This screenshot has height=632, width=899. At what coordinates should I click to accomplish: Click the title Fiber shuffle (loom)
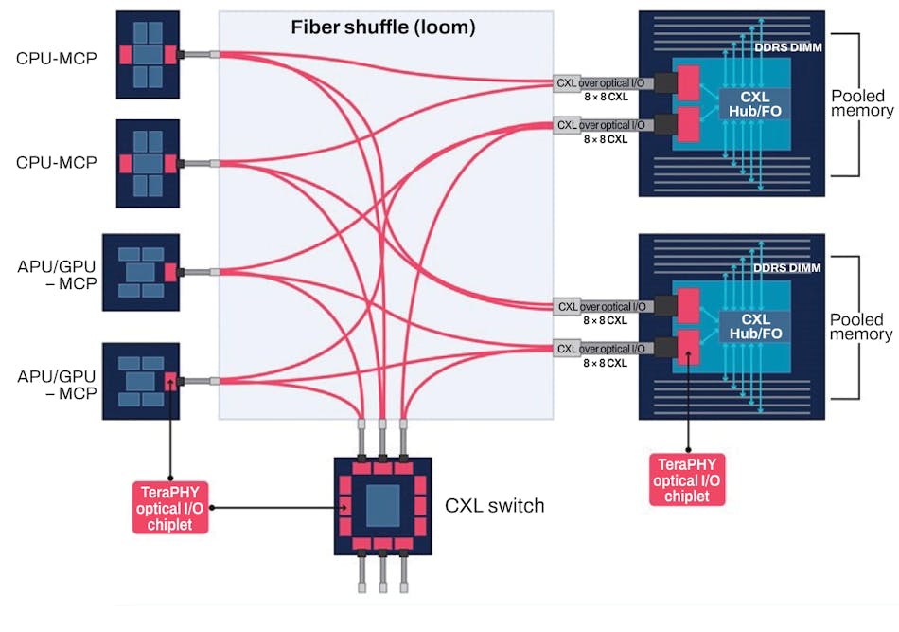pyautogui.click(x=382, y=27)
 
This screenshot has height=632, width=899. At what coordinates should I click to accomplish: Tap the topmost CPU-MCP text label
pyautogui.click(x=56, y=56)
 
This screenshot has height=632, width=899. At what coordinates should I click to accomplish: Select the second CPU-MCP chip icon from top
pyautogui.click(x=147, y=163)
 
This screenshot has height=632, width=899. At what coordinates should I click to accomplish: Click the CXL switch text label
pyautogui.click(x=494, y=505)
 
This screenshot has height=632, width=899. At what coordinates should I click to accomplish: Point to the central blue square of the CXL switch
pyautogui.click(x=382, y=505)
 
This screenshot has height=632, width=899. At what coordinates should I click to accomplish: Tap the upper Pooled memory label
pyautogui.click(x=861, y=103)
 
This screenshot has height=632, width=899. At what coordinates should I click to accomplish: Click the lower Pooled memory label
pyautogui.click(x=861, y=327)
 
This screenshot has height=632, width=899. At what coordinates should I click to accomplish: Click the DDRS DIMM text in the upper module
pyautogui.click(x=785, y=46)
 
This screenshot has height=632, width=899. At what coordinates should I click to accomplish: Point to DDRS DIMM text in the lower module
pyautogui.click(x=785, y=269)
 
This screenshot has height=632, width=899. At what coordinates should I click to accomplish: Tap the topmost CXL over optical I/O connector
pyautogui.click(x=601, y=83)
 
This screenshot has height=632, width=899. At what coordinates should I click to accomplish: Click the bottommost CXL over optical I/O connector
pyautogui.click(x=601, y=349)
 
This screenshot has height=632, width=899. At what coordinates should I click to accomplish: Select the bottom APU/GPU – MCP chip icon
pyautogui.click(x=147, y=381)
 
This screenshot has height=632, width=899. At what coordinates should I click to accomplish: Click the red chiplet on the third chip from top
pyautogui.click(x=170, y=273)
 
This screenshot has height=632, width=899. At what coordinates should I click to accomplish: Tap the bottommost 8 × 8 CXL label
pyautogui.click(x=605, y=363)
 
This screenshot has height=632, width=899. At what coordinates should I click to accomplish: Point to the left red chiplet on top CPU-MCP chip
pyautogui.click(x=124, y=55)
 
